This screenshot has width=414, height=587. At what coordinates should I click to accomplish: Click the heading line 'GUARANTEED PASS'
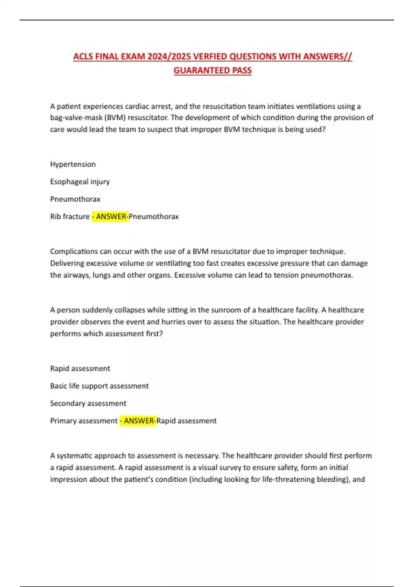tap(213, 70)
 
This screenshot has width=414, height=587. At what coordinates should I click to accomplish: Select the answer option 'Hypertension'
tap(73, 164)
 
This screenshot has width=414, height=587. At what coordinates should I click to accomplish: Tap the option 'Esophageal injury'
tap(80, 182)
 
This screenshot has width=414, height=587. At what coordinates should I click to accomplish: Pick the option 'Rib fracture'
tap(70, 216)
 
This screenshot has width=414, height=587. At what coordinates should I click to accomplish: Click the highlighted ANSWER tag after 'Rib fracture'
tap(110, 216)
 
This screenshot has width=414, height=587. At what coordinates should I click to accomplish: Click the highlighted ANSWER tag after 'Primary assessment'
tap(138, 421)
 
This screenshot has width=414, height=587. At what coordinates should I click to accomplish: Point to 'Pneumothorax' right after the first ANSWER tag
tap(154, 216)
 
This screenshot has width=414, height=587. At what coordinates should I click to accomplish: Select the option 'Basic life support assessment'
tap(99, 386)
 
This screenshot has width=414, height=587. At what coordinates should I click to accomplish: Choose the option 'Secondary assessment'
tap(88, 403)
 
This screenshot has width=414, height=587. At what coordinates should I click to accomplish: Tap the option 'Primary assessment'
tap(84, 421)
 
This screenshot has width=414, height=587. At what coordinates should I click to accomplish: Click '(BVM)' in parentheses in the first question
tap(115, 118)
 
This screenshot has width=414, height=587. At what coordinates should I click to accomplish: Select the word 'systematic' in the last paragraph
tap(74, 456)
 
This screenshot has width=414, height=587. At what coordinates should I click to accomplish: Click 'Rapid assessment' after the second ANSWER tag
tap(187, 421)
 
